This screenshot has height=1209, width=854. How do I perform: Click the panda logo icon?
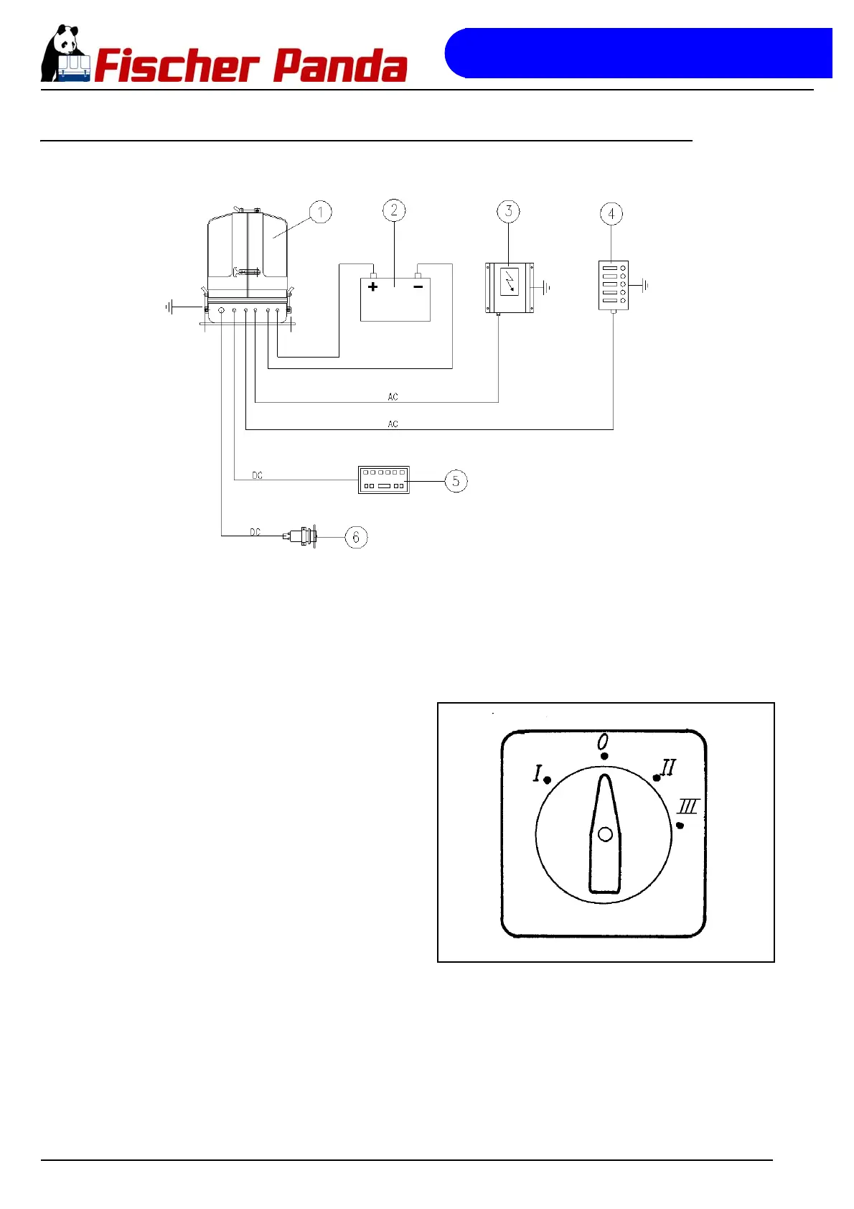point(65,54)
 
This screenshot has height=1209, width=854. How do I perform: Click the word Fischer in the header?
point(176,66)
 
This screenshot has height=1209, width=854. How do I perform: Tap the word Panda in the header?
point(340,66)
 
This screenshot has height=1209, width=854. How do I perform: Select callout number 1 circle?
point(320,213)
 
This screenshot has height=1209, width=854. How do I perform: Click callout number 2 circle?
point(394,210)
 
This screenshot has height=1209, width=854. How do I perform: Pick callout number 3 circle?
point(508,211)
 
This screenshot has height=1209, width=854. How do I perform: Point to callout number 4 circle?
point(611,213)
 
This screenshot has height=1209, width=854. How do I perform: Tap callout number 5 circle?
point(456,481)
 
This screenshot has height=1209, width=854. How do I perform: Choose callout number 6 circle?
point(356,537)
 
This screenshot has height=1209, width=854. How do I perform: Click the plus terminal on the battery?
point(372,286)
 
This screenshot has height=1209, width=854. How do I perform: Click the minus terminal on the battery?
point(418,286)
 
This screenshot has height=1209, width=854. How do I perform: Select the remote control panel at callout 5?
point(384,480)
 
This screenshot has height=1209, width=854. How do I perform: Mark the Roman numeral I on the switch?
point(538,773)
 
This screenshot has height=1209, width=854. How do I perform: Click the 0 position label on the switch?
point(604,741)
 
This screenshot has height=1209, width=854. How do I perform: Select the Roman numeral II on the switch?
point(668,767)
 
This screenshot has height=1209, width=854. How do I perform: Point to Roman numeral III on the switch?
point(688,806)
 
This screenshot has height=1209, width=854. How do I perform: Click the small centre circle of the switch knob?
point(605,834)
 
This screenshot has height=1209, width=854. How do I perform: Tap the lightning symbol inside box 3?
point(509,281)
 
